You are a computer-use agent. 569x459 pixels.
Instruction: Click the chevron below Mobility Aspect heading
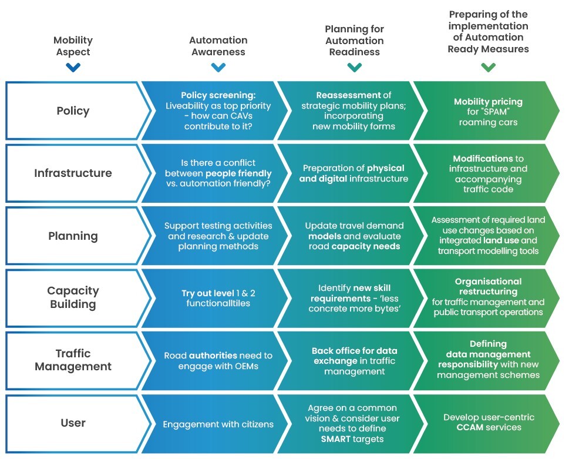[x=73, y=68]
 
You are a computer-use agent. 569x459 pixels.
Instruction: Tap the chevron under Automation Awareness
[x=218, y=68]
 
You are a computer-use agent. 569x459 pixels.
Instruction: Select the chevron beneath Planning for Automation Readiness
[x=355, y=68]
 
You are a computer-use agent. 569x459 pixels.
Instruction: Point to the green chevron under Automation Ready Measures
[x=488, y=68]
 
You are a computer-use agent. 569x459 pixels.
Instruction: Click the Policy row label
[x=73, y=110]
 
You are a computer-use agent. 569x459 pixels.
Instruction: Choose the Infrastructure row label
[x=73, y=173]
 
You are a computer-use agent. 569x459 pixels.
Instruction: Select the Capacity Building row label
[x=73, y=297]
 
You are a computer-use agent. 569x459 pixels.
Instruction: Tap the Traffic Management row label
[x=73, y=360]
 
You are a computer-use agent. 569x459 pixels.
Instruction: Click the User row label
[x=73, y=423]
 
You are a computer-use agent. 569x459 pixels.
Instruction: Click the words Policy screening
[x=218, y=95]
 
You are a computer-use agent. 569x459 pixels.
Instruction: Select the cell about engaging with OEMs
[x=218, y=361]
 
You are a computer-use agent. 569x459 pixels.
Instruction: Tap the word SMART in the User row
[x=336, y=439]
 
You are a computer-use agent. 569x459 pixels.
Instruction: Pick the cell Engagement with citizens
[x=218, y=424]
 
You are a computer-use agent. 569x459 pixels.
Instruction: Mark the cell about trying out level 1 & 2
[x=218, y=298]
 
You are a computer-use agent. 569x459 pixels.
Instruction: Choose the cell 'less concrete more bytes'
[x=355, y=298]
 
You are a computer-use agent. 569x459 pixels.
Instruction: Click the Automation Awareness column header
[x=218, y=46]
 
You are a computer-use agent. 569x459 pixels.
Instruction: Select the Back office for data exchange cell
[x=355, y=361]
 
